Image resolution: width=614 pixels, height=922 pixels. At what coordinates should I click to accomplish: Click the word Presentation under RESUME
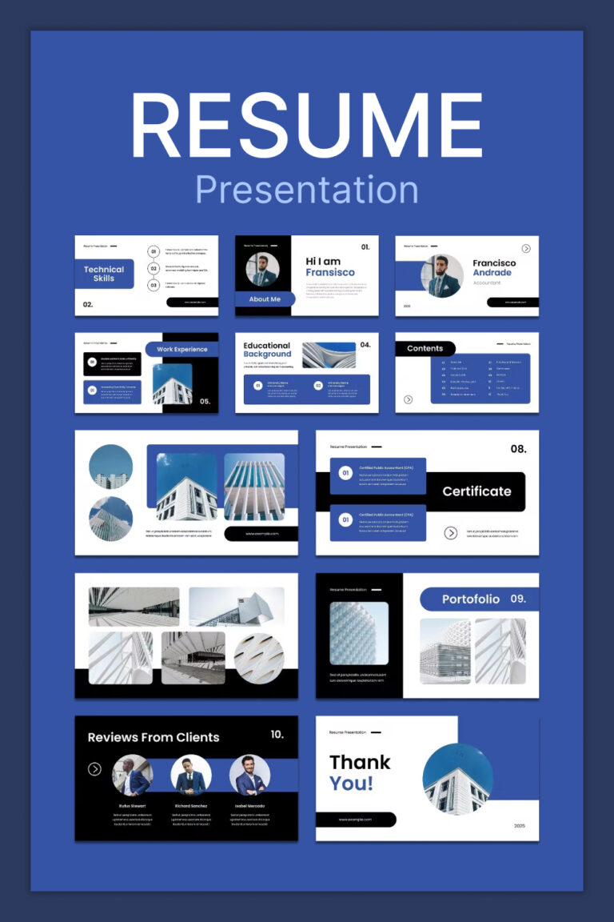click(x=307, y=190)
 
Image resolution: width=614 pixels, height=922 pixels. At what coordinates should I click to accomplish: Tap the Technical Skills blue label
click(x=104, y=274)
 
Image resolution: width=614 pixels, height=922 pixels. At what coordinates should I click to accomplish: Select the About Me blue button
click(x=265, y=299)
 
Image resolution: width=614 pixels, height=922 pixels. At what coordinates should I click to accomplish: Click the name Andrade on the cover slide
click(x=492, y=273)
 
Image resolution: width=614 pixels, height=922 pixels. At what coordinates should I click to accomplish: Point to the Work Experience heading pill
click(x=181, y=349)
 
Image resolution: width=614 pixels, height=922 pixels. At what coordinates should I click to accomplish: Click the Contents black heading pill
click(x=425, y=348)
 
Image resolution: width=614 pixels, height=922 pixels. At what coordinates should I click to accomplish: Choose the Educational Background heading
click(x=268, y=350)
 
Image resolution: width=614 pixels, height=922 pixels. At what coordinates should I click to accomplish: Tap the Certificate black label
click(x=476, y=491)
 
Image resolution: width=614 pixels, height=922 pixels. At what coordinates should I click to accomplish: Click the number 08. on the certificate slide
click(x=518, y=449)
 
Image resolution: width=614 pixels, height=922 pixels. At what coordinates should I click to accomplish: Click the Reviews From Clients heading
click(x=153, y=737)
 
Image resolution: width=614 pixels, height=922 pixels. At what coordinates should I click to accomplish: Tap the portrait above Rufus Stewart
click(x=132, y=775)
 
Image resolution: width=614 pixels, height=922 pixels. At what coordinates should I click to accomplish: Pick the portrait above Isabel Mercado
click(x=249, y=775)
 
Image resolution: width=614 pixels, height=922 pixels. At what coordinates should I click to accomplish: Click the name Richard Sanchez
click(x=191, y=806)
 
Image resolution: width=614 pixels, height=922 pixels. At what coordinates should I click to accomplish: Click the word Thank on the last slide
click(x=360, y=762)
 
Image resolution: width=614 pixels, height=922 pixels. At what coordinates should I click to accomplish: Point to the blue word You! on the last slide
click(x=352, y=783)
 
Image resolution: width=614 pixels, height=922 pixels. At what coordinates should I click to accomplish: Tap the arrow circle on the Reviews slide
click(x=94, y=769)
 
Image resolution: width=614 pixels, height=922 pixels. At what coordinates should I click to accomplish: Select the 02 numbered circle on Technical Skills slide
click(x=153, y=268)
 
